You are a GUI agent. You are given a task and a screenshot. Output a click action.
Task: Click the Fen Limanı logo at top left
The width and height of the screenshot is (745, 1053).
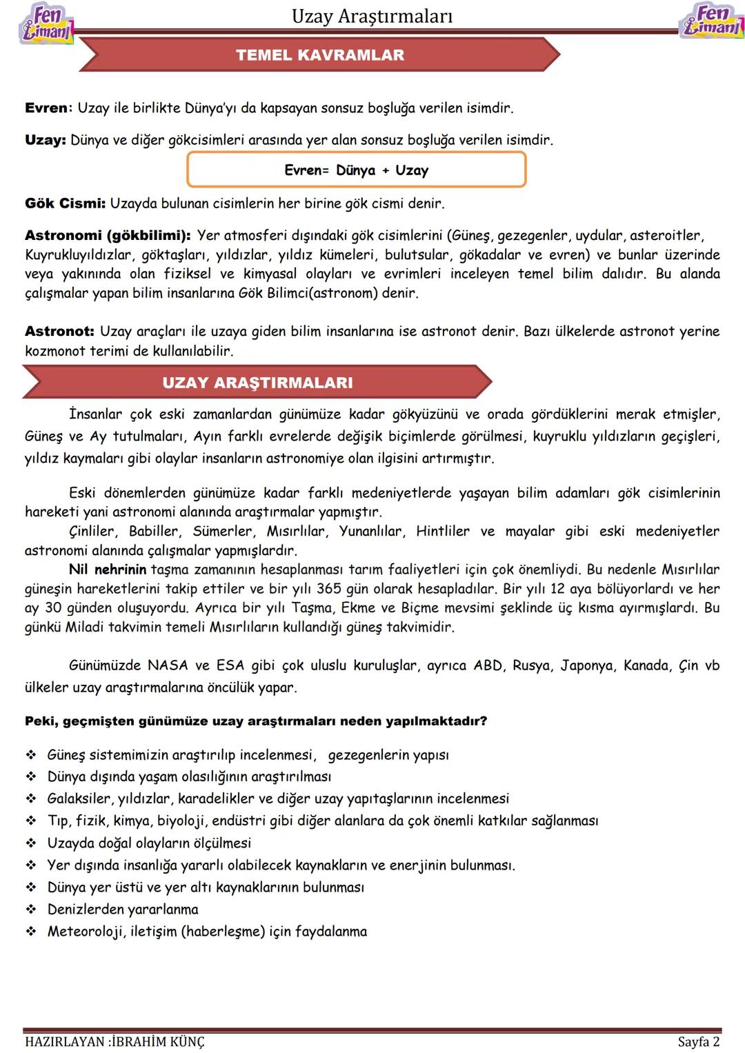(x=46, y=23)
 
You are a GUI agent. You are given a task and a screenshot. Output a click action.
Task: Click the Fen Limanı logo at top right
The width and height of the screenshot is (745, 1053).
(x=711, y=21)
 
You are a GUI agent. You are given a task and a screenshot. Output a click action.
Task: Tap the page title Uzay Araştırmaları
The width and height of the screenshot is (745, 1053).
(x=372, y=17)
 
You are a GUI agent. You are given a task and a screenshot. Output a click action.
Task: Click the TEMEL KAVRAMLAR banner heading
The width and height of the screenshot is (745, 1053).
(x=320, y=55)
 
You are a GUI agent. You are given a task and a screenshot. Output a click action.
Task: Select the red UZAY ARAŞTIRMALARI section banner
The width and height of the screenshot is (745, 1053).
(x=257, y=383)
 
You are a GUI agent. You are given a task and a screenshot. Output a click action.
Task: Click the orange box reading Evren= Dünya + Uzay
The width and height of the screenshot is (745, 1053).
(x=356, y=170)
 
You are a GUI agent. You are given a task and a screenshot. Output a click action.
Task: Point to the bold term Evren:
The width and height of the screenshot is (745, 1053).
(x=48, y=108)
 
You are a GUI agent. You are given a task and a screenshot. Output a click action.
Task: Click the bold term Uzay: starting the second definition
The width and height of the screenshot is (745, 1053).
(x=45, y=140)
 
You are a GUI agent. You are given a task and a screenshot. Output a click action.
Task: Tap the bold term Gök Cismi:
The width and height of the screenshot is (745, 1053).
(x=65, y=203)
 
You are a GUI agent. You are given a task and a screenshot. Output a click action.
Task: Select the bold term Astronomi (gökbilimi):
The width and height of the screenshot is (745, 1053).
(x=108, y=236)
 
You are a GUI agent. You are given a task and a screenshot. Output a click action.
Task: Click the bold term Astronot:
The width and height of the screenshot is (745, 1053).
(x=59, y=332)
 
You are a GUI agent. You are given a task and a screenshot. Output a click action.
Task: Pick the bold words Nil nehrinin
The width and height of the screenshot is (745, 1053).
(x=108, y=570)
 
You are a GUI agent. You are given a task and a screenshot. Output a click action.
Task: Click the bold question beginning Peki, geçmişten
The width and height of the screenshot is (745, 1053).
(x=256, y=721)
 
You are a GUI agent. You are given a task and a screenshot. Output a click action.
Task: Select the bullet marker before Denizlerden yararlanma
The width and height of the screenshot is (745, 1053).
(x=31, y=910)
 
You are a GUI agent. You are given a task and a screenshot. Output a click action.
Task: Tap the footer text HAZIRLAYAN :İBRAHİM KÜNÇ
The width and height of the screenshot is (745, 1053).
(x=115, y=1041)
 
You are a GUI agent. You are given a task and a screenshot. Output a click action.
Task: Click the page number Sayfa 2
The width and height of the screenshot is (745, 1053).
(x=698, y=1041)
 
